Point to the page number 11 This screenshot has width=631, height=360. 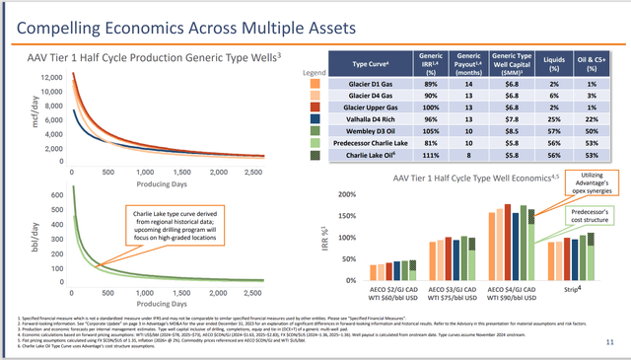[611, 341]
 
